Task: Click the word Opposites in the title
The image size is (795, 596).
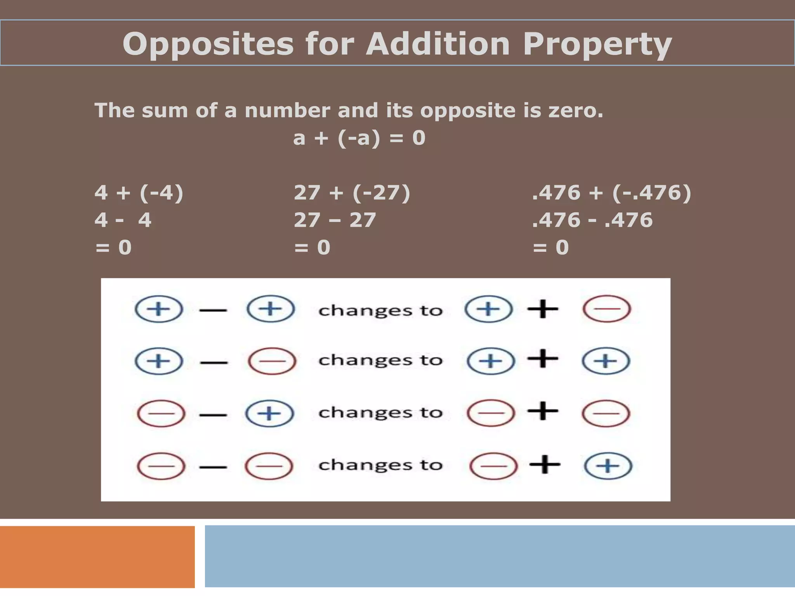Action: tap(208, 44)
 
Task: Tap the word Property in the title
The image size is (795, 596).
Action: tap(597, 44)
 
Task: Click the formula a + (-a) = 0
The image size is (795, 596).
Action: tap(359, 138)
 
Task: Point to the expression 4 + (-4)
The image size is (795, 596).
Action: tap(139, 192)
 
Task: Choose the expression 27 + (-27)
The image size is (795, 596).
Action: tap(352, 192)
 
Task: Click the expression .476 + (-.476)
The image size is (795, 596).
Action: tap(611, 192)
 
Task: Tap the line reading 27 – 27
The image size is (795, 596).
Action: tap(335, 220)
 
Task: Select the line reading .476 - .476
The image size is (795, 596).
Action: tap(592, 220)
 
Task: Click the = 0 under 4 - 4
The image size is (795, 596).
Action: tap(113, 248)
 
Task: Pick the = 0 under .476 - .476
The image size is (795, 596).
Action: tap(550, 248)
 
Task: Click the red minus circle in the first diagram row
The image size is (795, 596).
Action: tap(607, 309)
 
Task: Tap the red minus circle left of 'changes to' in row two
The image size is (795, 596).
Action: tap(272, 361)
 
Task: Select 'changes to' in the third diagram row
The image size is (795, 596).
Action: tap(380, 412)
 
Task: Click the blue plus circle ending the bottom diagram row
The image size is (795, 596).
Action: tap(608, 466)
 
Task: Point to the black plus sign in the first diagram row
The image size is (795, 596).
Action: tap(543, 309)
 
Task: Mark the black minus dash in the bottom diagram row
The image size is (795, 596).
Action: tap(213, 467)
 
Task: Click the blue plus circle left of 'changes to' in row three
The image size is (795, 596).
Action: tap(269, 413)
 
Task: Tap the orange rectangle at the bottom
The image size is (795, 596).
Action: tap(97, 557)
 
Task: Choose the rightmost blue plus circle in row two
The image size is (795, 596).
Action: tap(606, 361)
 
